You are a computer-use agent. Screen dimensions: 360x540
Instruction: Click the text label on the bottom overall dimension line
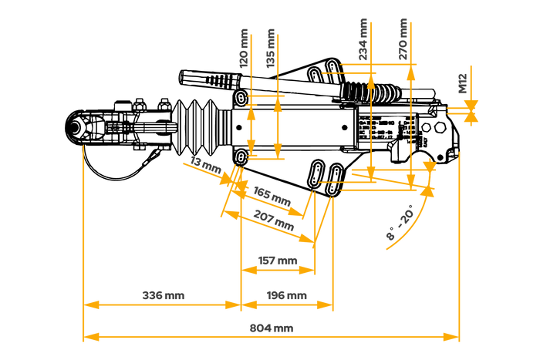pyautogui.click(x=272, y=328)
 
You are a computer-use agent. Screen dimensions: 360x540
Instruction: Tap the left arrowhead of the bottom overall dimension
pyautogui.click(x=91, y=337)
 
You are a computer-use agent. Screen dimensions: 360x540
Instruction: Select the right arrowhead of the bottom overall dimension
pyautogui.click(x=451, y=337)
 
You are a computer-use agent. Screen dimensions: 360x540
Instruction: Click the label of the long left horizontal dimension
pyautogui.click(x=163, y=295)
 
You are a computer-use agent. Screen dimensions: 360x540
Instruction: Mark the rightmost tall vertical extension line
pyautogui.click(x=459, y=247)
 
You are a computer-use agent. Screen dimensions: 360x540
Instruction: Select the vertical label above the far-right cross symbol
pyautogui.click(x=462, y=83)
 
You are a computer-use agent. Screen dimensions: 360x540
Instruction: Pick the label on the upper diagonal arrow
pyautogui.click(x=272, y=195)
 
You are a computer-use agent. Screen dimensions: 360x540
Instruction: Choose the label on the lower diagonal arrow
pyautogui.click(x=274, y=220)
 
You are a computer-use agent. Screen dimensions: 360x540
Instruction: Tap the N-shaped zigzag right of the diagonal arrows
pyautogui.click(x=320, y=216)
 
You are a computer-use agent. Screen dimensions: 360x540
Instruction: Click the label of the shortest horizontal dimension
pyautogui.click(x=277, y=261)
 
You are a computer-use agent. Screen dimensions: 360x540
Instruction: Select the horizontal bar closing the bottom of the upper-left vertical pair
pyautogui.click(x=267, y=159)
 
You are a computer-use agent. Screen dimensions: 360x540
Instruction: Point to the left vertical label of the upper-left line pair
pyautogui.click(x=244, y=48)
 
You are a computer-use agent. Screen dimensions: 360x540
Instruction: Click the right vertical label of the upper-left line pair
pyautogui.click(x=271, y=48)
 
